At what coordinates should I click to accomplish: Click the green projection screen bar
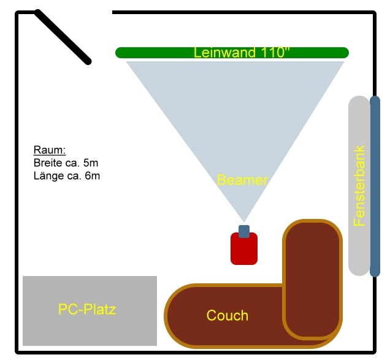click(153, 53)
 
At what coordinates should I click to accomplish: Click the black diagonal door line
click(63, 37)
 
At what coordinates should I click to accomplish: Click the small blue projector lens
click(244, 231)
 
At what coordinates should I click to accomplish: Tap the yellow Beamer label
click(243, 180)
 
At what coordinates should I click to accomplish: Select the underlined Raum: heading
click(49, 150)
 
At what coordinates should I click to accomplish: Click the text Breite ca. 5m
click(66, 163)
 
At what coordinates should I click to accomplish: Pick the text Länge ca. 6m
click(67, 176)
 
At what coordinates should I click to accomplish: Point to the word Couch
click(227, 315)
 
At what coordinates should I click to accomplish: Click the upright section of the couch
click(312, 270)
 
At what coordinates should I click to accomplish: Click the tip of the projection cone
click(243, 220)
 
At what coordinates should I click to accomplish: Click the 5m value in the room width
click(91, 163)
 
